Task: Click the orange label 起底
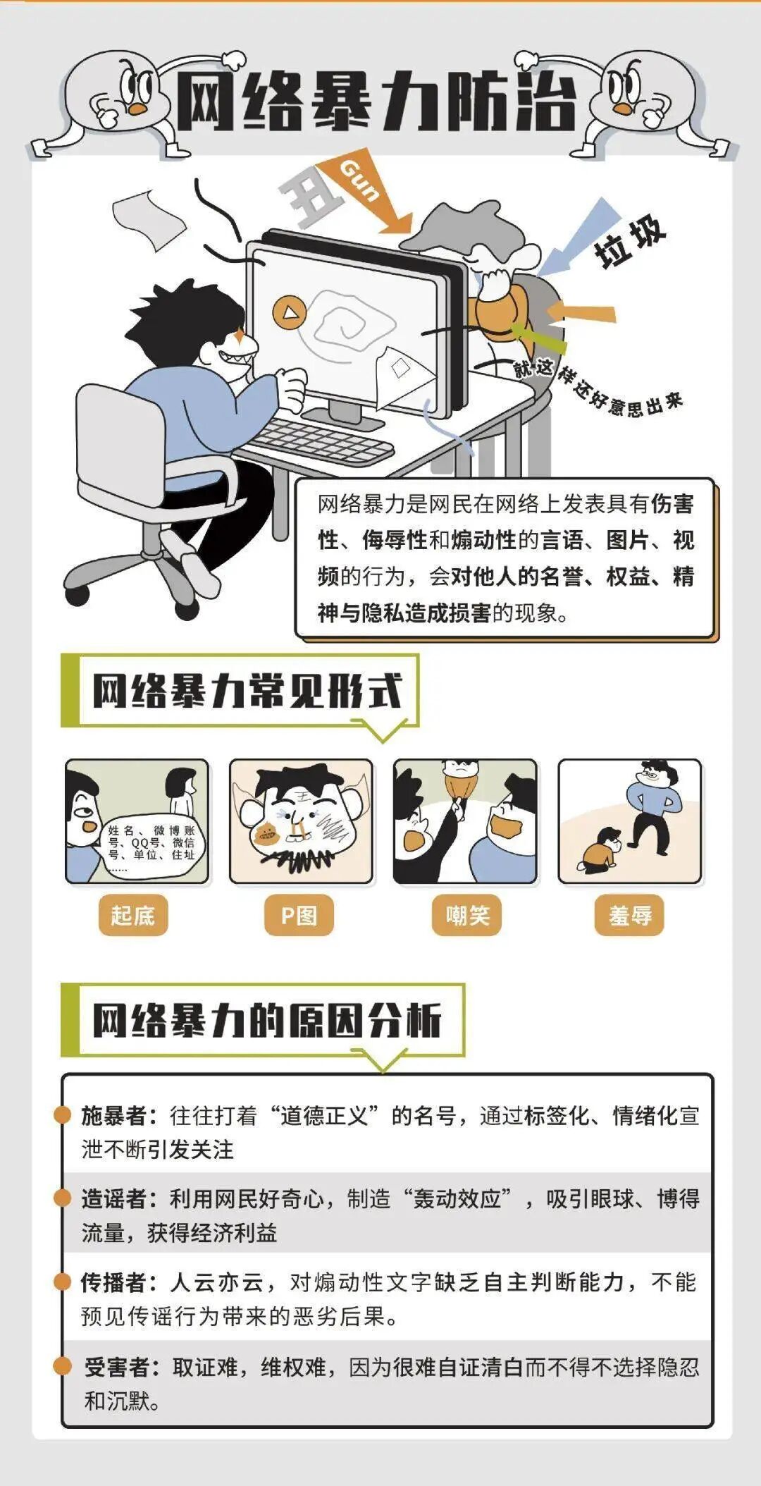[132, 915]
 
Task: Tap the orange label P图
[299, 915]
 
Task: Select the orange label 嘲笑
[466, 915]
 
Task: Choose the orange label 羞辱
[629, 915]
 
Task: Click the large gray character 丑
[310, 201]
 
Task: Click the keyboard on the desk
[321, 441]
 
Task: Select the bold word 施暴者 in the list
[114, 1115]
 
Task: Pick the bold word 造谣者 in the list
[114, 1198]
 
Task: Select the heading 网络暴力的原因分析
[266, 1019]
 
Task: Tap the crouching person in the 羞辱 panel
[601, 850]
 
